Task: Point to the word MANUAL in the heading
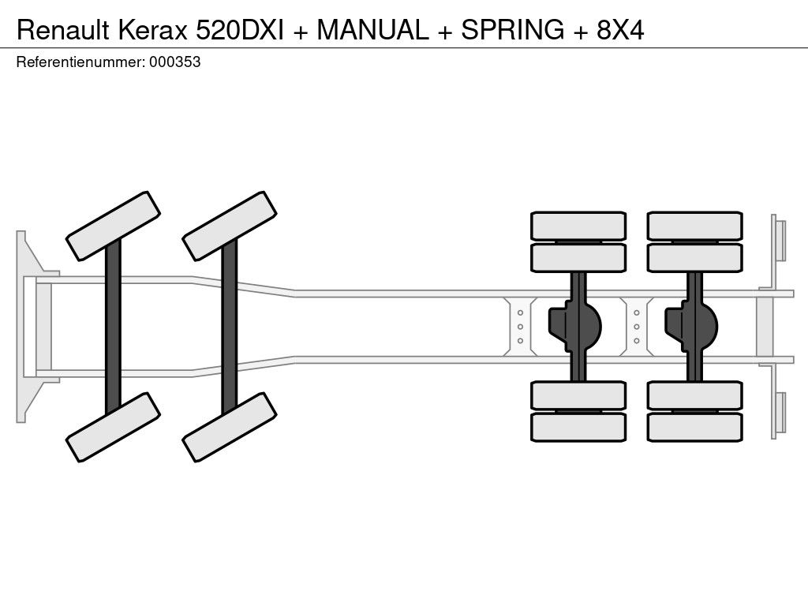click(x=374, y=29)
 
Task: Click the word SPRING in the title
click(x=513, y=29)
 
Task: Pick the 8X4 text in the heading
click(x=620, y=29)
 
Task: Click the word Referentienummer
click(x=80, y=62)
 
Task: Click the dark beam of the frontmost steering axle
click(x=113, y=326)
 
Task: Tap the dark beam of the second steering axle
click(x=230, y=326)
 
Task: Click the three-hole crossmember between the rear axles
click(x=636, y=326)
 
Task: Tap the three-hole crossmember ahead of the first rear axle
click(x=520, y=326)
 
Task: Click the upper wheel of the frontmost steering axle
click(x=113, y=226)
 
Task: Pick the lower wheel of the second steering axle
click(x=230, y=427)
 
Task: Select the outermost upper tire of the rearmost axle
click(x=694, y=226)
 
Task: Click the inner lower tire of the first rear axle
click(x=578, y=395)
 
